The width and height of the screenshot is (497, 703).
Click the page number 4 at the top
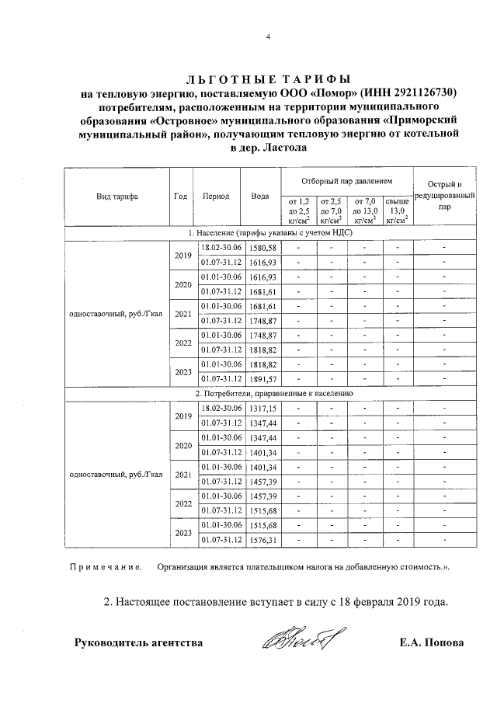click(267, 37)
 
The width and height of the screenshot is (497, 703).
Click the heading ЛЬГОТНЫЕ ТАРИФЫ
click(268, 79)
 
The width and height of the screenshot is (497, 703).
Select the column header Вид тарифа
click(116, 197)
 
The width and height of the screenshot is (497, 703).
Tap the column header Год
click(182, 197)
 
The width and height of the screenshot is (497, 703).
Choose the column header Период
click(216, 197)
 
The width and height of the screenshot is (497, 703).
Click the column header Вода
click(260, 197)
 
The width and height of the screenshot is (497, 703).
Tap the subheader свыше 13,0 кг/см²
click(397, 211)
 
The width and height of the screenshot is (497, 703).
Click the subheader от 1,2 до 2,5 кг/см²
click(298, 211)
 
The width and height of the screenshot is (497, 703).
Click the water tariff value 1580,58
click(261, 247)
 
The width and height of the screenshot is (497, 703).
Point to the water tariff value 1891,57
click(261, 378)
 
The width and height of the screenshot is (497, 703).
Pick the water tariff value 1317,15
click(261, 409)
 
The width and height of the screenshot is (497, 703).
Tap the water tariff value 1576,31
click(261, 540)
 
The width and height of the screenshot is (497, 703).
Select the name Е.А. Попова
click(431, 643)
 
